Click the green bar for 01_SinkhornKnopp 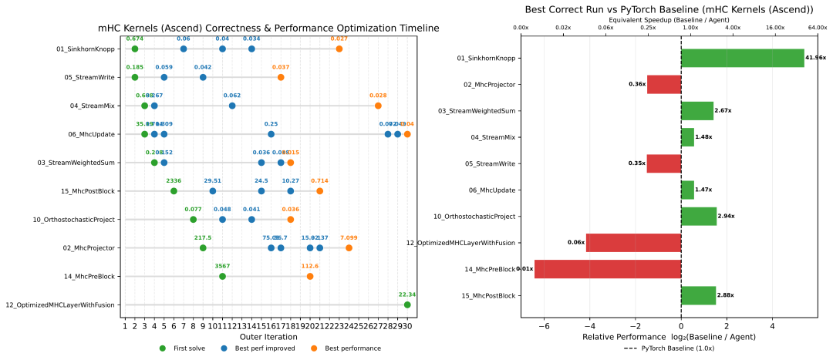[x=742, y=58]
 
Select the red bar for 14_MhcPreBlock [x=608, y=269]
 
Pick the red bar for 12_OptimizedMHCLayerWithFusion [x=633, y=243]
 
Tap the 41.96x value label [x=815, y=58]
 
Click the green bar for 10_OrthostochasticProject [x=699, y=217]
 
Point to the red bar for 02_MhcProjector [x=663, y=84]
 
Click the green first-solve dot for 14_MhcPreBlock [x=222, y=276]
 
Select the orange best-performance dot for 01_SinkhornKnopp [x=339, y=49]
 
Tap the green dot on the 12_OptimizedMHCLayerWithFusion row [x=407, y=304]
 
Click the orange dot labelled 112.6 [x=310, y=276]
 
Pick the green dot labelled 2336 [x=174, y=191]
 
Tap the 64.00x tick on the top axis [x=816, y=28]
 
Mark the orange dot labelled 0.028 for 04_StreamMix [x=378, y=106]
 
